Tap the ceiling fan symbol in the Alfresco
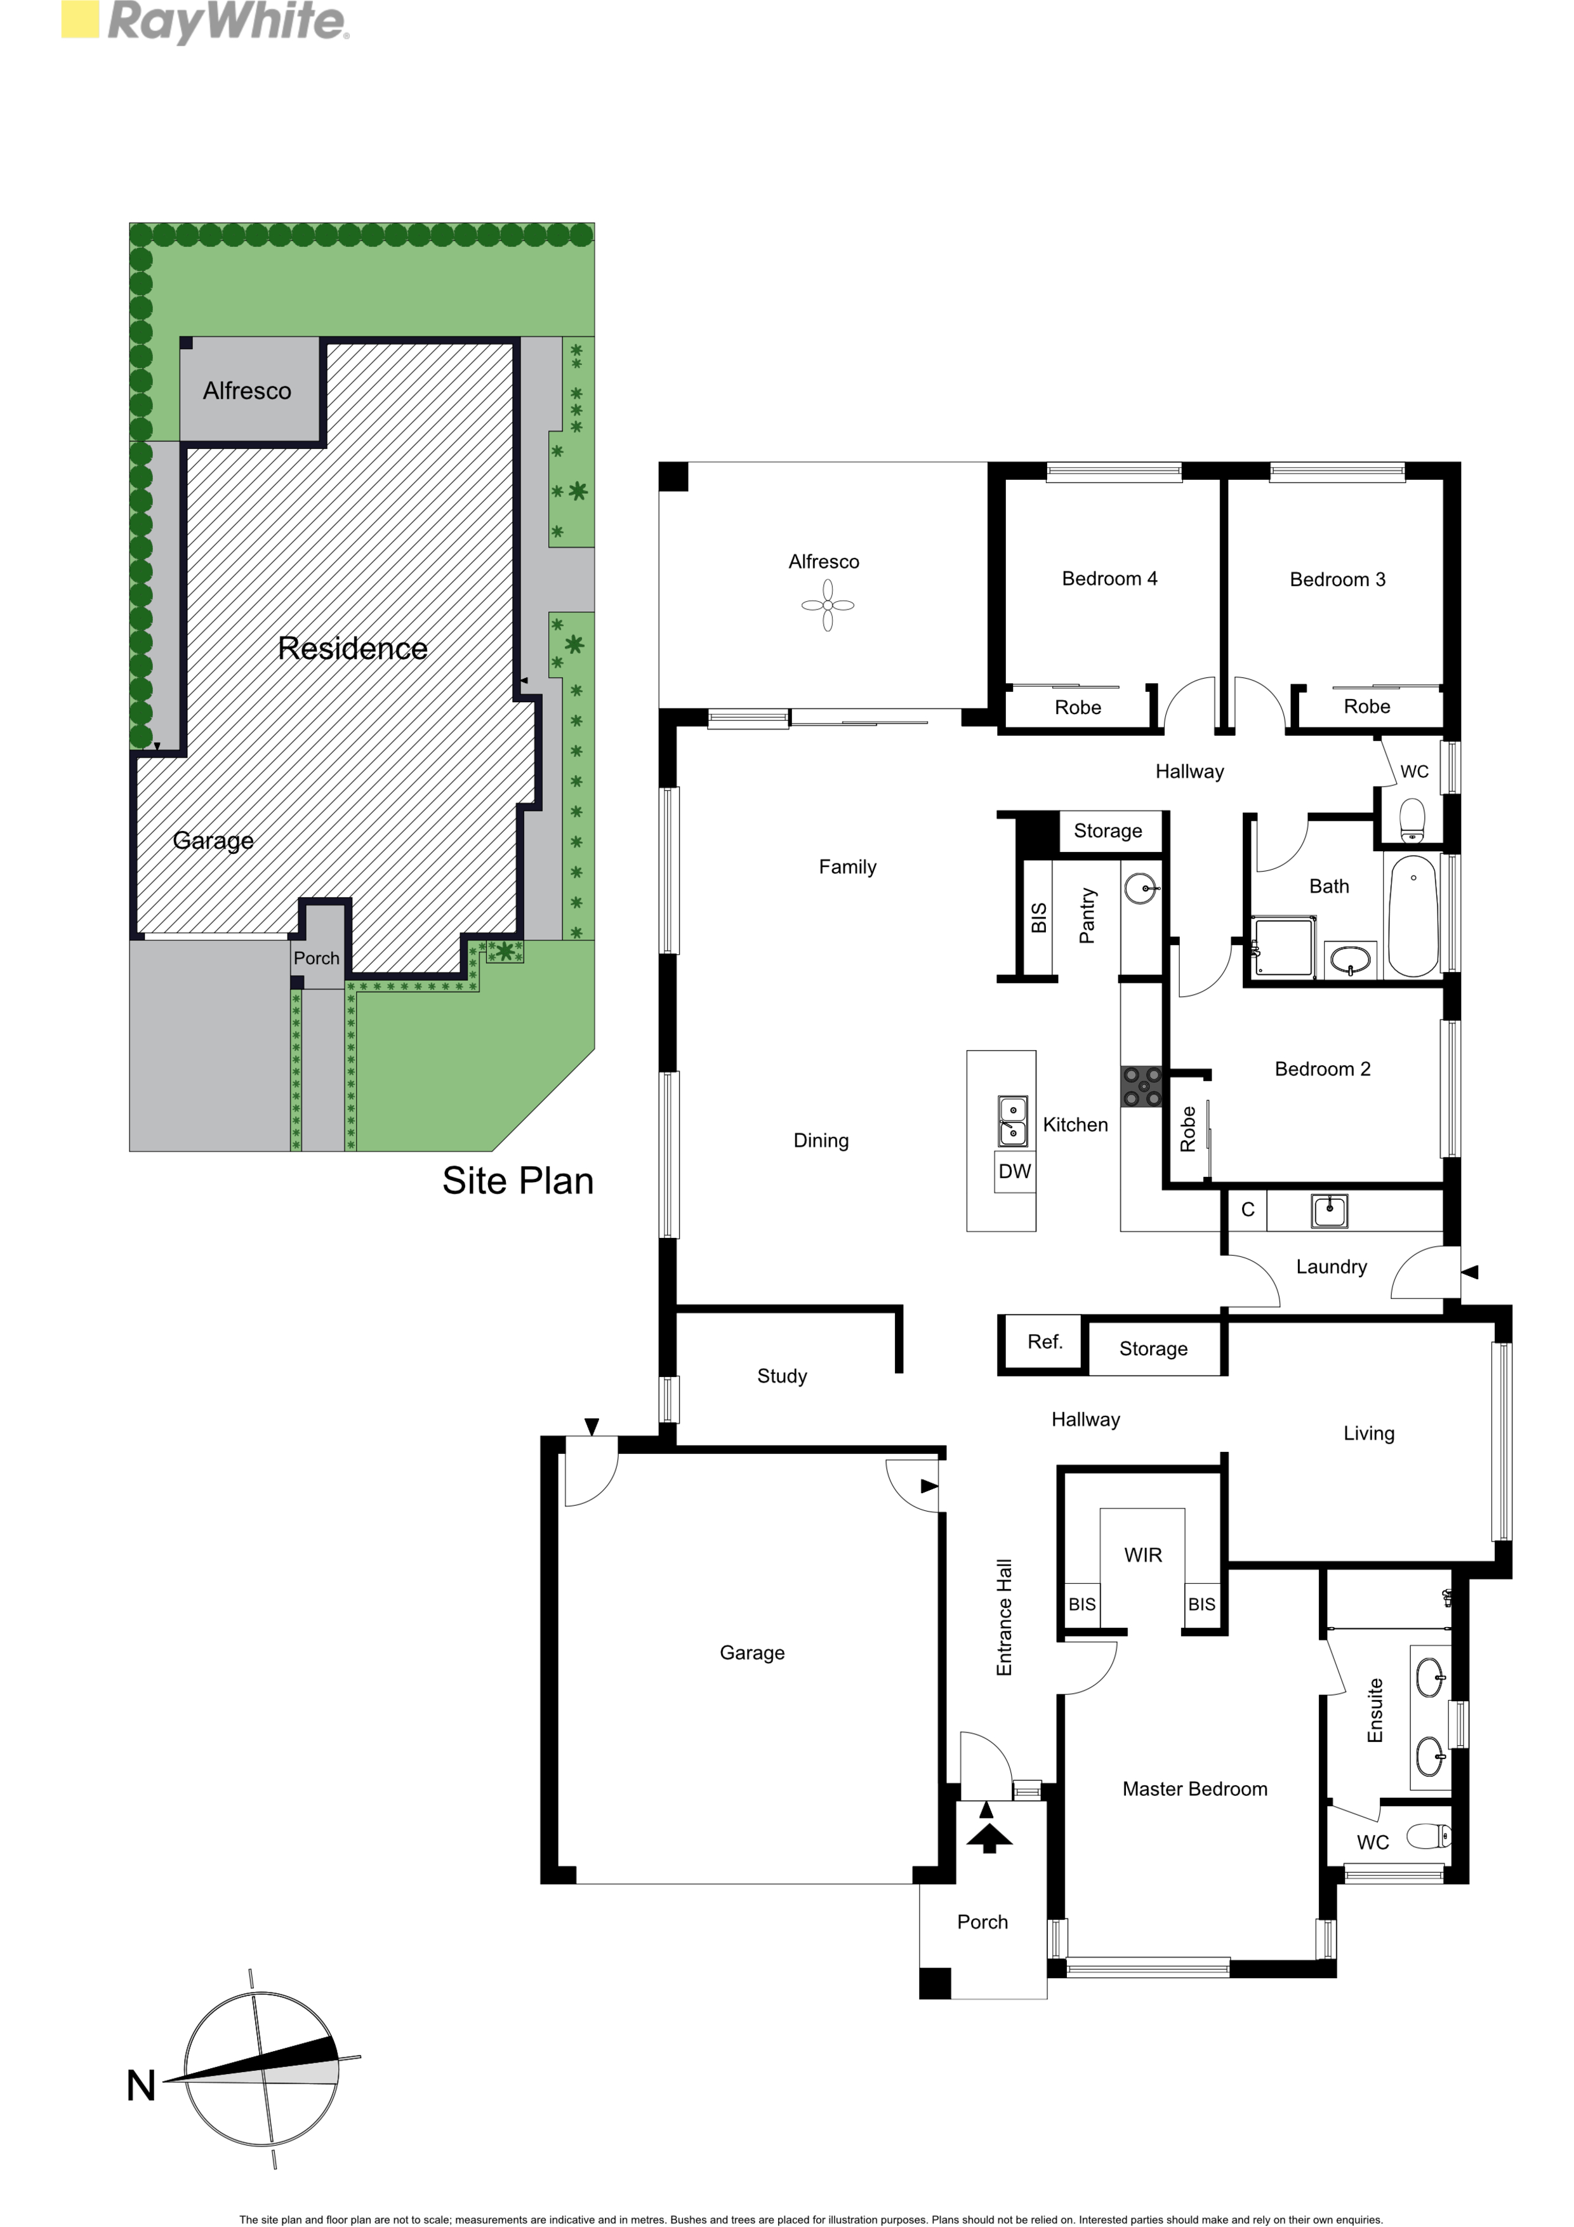[827, 605]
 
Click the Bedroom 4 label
[1109, 579]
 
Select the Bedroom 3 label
[1337, 580]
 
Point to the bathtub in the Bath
[1413, 915]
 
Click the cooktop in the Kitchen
[1141, 1086]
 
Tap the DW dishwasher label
[1014, 1171]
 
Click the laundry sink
[1328, 1211]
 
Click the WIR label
[1142, 1555]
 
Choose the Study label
[782, 1376]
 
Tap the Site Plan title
[518, 1180]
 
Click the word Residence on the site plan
[352, 648]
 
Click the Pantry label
[1087, 915]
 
